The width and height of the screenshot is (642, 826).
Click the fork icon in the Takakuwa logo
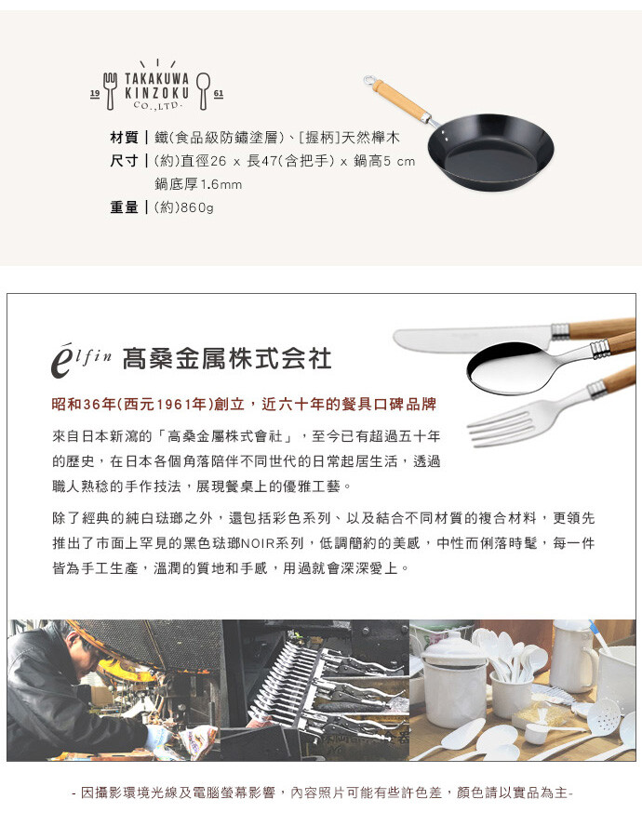(110, 91)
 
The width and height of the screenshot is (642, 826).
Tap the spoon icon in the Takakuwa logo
(204, 91)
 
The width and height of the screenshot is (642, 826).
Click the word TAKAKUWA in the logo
(156, 79)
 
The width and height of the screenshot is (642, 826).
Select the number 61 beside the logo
(219, 93)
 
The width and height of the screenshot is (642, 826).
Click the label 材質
(124, 138)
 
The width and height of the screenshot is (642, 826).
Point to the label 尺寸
(124, 161)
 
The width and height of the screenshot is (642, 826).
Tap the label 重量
(124, 207)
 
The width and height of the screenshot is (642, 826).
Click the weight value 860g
(197, 207)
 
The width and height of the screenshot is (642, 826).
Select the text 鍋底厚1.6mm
(198, 184)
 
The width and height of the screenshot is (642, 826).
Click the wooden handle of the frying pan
(399, 100)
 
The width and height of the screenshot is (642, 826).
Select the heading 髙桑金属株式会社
(227, 359)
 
